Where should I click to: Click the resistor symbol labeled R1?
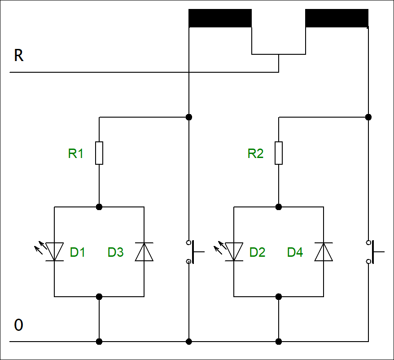pos(99,153)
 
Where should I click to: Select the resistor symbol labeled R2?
pos(279,153)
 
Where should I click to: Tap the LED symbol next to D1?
pos(54,251)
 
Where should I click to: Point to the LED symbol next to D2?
pos(234,251)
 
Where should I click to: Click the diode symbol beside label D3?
pos(144,252)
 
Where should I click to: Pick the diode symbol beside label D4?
pos(324,252)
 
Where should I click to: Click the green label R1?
pos(76,154)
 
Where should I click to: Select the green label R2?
pos(255,154)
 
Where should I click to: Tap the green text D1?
pos(78,252)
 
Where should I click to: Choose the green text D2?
pos(258,252)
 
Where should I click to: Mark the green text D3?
pos(115,252)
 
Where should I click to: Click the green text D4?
pos(295,252)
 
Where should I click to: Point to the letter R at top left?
pos(18,56)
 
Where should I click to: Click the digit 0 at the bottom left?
pos(18,325)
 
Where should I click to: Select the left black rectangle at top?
pos(220,18)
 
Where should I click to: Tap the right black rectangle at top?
pos(337,18)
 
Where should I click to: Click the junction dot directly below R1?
pos(99,207)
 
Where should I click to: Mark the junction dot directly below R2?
pos(279,207)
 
